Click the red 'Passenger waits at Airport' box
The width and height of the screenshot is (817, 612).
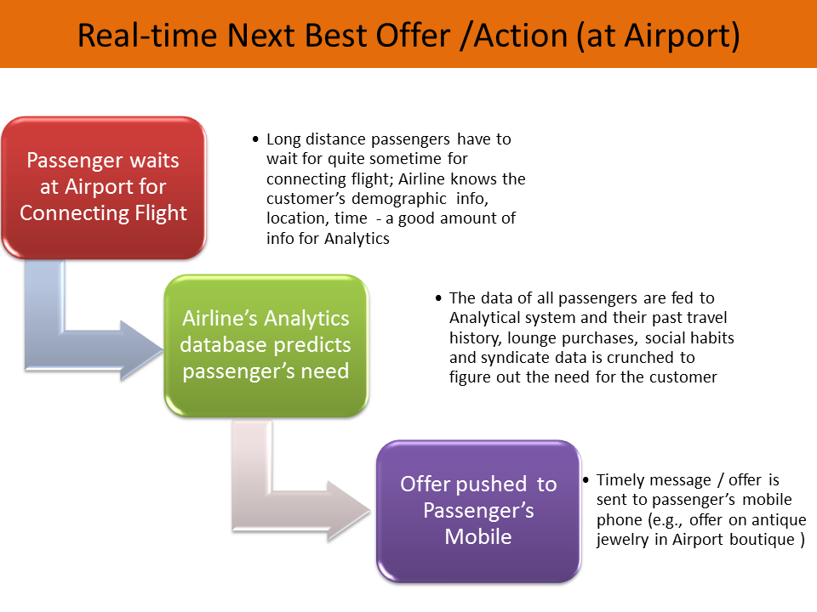[103, 187]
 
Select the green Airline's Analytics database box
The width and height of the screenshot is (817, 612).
[266, 345]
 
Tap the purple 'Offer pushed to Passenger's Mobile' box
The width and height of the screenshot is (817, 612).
[478, 510]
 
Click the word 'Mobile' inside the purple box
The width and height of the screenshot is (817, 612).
[478, 536]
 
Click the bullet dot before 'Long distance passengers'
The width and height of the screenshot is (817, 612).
[256, 139]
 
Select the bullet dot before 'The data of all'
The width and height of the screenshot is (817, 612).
[438, 298]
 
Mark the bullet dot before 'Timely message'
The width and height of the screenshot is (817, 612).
[586, 480]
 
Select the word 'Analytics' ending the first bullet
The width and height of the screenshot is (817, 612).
[357, 239]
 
